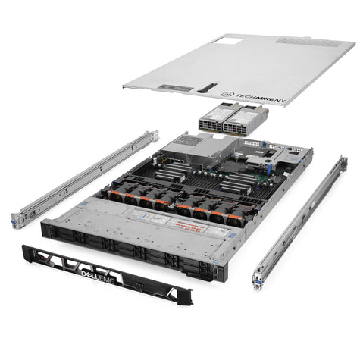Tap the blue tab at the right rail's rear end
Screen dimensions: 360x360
click(343, 162)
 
